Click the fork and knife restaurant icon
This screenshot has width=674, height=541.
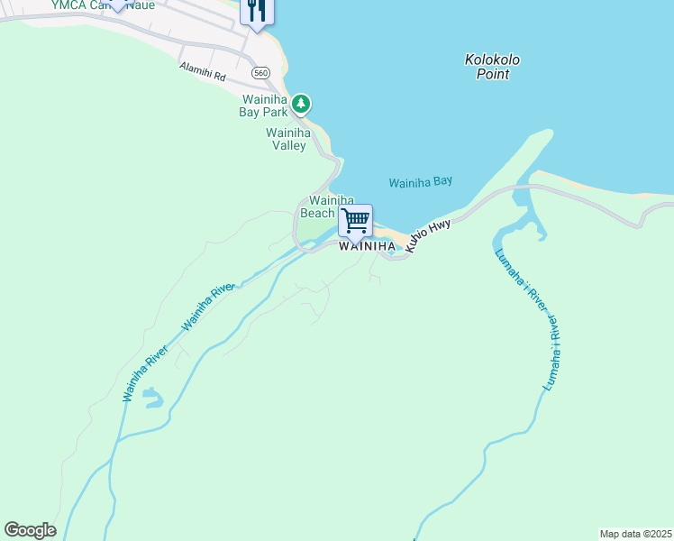pos(257,10)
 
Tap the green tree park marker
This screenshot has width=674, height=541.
pos(301,105)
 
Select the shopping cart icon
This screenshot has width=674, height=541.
pos(356,219)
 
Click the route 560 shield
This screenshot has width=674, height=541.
pos(261,72)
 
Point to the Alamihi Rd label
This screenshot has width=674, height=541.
pos(202,71)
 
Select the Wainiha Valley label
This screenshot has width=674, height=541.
pos(288,139)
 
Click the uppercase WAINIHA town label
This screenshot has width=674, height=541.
pos(367,246)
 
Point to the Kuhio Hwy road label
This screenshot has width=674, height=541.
pos(427,234)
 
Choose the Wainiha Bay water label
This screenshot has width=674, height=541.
pos(420,182)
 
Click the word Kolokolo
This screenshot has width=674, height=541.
pos(492,60)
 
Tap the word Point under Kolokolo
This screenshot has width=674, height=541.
pos(493,74)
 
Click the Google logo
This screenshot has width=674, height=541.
pos(30,530)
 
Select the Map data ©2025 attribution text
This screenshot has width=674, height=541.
pos(635,534)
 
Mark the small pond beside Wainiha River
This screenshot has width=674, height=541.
pos(153,397)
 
